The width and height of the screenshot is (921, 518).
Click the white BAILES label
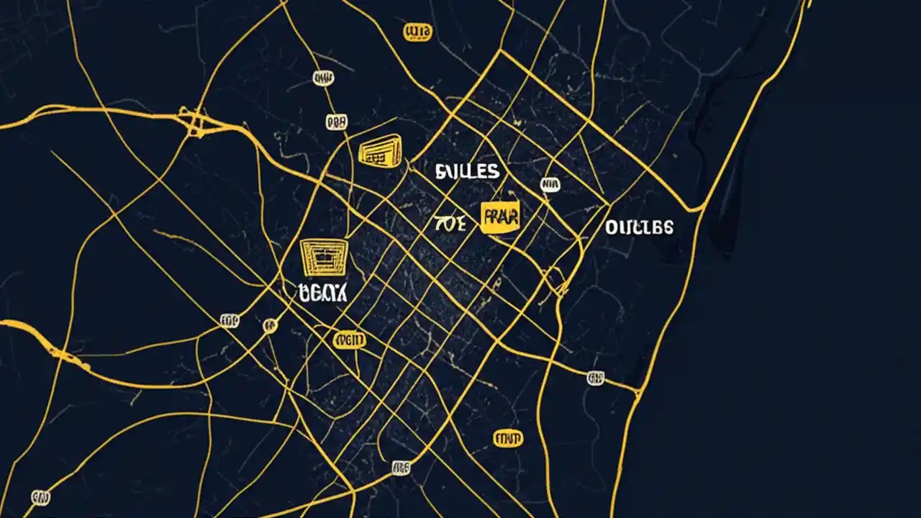467,171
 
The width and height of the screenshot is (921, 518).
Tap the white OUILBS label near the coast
639,227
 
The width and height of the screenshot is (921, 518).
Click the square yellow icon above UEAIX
323,258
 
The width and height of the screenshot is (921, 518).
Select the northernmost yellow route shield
417,32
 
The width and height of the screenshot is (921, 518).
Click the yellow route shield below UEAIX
350,340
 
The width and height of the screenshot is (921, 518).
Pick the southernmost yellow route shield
509,437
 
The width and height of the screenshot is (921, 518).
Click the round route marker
270,325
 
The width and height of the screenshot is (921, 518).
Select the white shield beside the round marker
230,321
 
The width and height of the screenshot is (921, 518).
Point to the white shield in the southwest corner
41,496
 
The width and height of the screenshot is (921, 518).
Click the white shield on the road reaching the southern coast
595,377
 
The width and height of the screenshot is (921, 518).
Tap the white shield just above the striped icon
336,122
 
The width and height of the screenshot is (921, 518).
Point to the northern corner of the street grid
502,52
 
